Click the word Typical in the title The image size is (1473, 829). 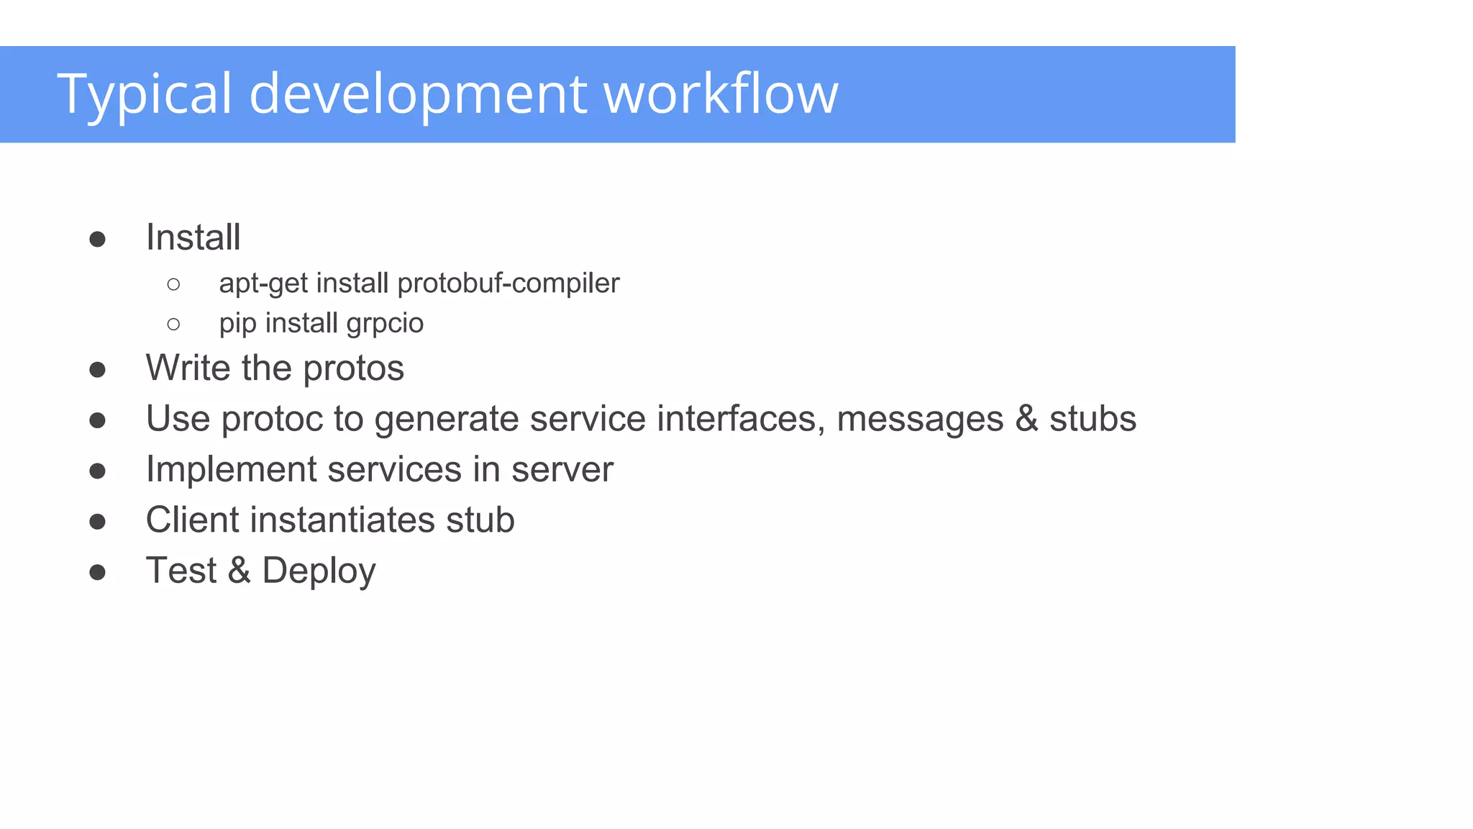point(145,94)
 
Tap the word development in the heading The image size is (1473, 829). point(418,94)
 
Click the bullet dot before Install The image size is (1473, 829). point(98,239)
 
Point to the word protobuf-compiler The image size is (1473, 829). point(508,284)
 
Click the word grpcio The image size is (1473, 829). point(385,324)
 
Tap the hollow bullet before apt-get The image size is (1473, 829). point(173,284)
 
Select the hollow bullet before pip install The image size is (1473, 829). point(173,325)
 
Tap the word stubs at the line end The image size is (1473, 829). point(1093,419)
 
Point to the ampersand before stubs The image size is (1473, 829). point(1026,419)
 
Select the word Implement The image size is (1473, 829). point(231,470)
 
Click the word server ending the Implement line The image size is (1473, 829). point(562,470)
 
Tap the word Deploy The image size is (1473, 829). point(319,571)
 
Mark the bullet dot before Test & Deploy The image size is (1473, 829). point(98,573)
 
